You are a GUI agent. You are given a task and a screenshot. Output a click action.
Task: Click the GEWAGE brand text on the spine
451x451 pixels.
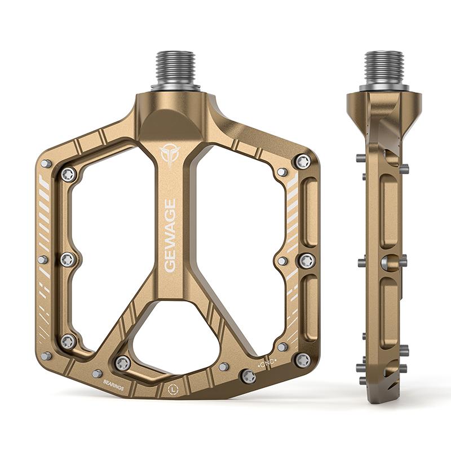pyautogui.click(x=170, y=236)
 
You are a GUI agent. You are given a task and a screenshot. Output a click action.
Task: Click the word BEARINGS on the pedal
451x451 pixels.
pyautogui.click(x=114, y=385)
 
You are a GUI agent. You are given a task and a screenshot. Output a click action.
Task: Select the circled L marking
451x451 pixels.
pyautogui.click(x=173, y=390)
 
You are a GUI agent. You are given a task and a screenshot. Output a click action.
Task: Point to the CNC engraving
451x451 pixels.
pyautogui.click(x=267, y=363)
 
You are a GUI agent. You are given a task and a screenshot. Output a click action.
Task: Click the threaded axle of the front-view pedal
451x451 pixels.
pyautogui.click(x=175, y=71)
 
